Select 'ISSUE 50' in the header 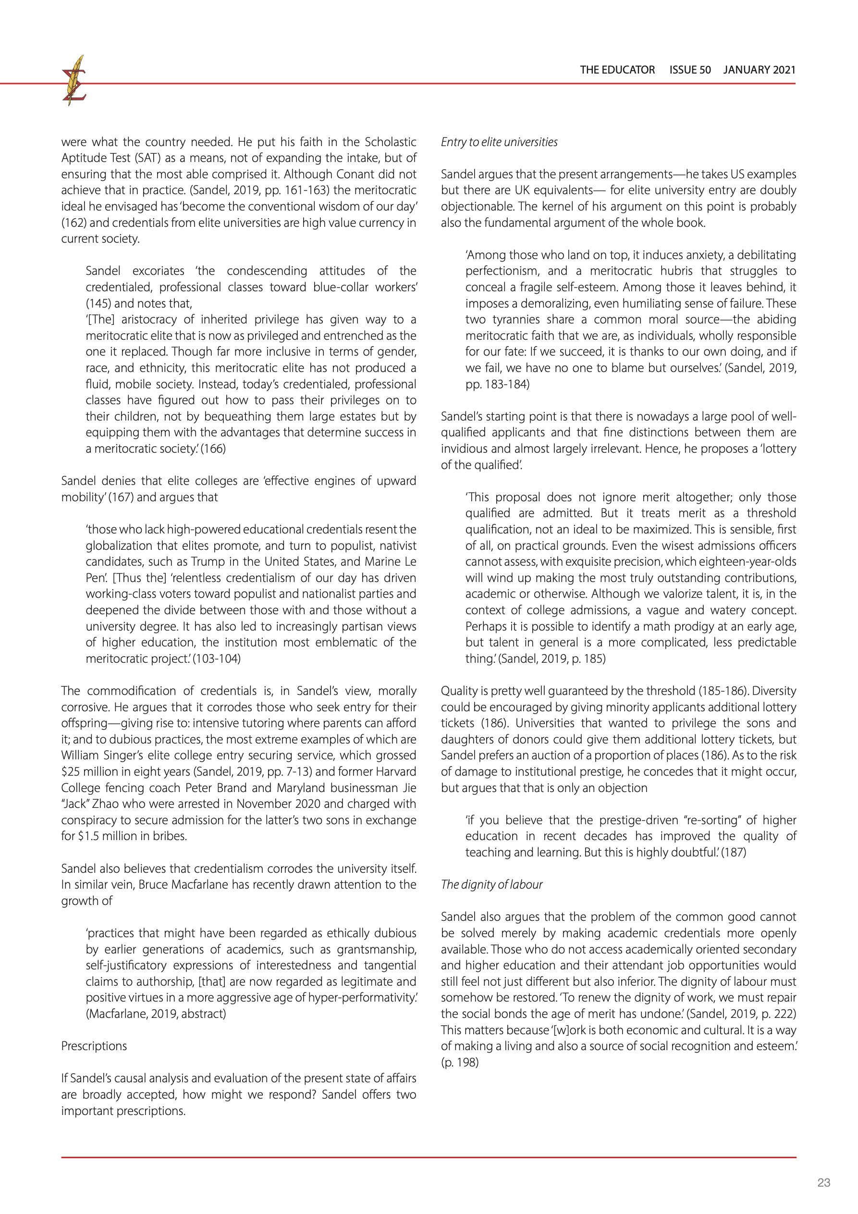[690, 70]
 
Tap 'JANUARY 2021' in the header [759, 70]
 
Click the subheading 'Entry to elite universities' [499, 142]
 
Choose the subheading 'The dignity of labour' [491, 885]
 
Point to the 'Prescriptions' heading [94, 1046]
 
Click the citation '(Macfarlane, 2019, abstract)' [156, 1014]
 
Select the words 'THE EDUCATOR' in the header [617, 70]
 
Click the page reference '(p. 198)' [459, 1062]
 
